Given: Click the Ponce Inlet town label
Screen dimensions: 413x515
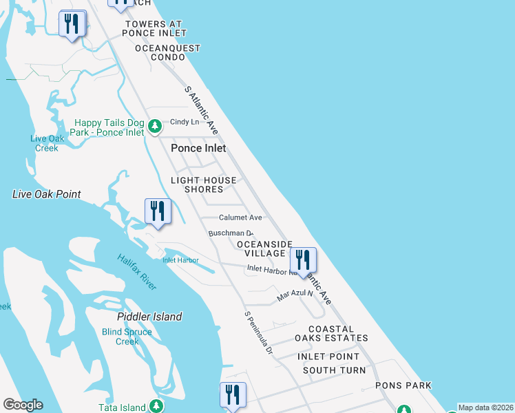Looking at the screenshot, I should [x=198, y=148].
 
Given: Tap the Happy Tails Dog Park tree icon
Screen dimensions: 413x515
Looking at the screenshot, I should [x=156, y=126].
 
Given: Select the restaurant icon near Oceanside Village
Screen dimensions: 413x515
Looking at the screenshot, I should [x=302, y=260].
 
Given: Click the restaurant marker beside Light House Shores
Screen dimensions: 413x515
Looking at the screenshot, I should [x=158, y=211].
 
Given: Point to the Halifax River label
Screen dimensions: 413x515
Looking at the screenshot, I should [x=136, y=268].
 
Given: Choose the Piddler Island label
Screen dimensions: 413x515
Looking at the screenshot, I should [x=149, y=317].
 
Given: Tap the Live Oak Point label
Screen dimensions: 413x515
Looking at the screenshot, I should [x=47, y=194].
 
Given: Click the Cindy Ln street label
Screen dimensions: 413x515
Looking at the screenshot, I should [x=185, y=122].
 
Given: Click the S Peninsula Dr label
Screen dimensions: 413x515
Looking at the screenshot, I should [x=259, y=333].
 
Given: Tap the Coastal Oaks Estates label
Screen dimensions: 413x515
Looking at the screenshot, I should [x=331, y=334].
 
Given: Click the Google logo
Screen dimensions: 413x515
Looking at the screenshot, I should [x=23, y=405].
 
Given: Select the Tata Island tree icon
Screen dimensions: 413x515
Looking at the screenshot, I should [x=157, y=406].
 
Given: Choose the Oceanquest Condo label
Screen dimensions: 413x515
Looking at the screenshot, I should [x=167, y=53].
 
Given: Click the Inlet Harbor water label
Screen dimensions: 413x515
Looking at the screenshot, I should [x=180, y=260].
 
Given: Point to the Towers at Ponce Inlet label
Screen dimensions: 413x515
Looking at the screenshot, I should [x=155, y=28].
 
